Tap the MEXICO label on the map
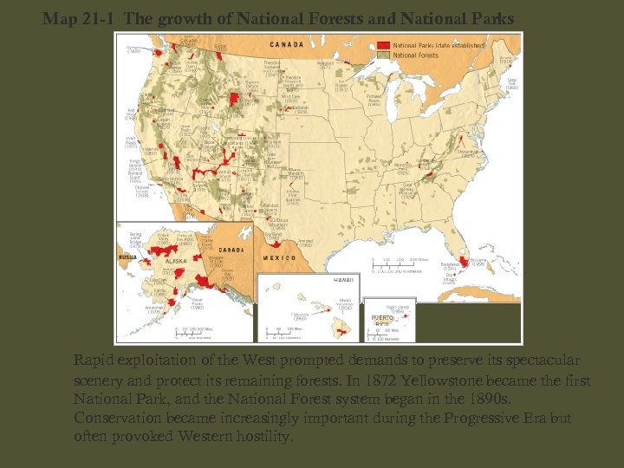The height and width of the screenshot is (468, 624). (278, 257)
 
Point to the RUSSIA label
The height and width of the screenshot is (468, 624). (127, 257)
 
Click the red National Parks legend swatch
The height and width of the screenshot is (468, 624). (383, 44)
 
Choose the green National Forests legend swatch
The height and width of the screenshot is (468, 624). (383, 54)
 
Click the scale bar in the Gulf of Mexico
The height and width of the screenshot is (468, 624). (398, 263)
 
